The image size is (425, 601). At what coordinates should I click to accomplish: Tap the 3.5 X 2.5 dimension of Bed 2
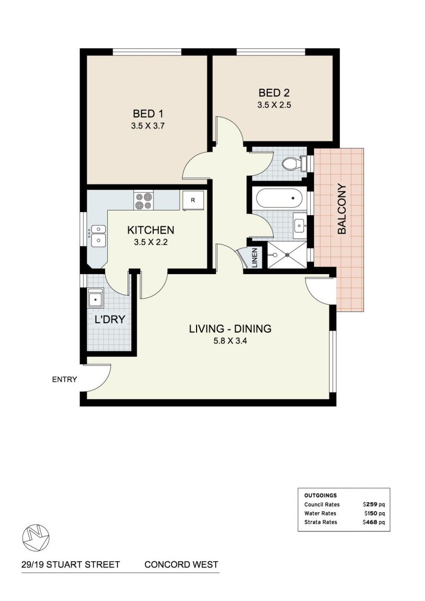274,105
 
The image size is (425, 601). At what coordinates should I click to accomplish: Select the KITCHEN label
150,230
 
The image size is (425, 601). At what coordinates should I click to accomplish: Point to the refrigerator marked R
192,200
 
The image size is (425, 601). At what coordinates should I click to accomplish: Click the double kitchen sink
98,235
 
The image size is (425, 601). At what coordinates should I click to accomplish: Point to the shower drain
287,255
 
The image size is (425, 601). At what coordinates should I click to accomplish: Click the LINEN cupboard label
254,258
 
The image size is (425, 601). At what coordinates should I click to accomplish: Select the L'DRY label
106,321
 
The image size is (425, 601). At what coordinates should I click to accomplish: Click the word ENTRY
64,379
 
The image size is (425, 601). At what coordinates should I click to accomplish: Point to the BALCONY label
342,209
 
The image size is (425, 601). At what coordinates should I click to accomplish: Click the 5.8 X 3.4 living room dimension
230,342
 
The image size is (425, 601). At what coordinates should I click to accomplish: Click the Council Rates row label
322,504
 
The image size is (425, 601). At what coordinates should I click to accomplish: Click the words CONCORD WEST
181,564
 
